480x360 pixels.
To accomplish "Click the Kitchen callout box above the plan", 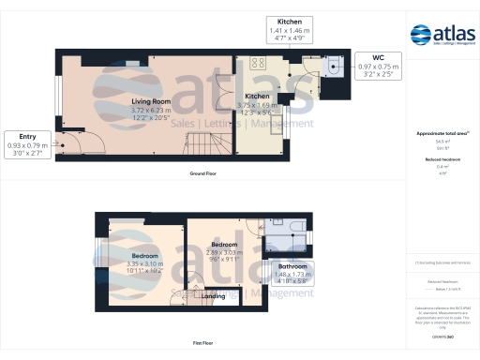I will click(289, 27).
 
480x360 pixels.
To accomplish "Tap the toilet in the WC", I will click(334, 65).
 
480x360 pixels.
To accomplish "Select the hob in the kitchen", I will click(259, 65).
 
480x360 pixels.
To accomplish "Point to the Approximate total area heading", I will click(442, 133).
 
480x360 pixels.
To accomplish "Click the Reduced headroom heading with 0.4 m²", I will click(442, 160).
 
